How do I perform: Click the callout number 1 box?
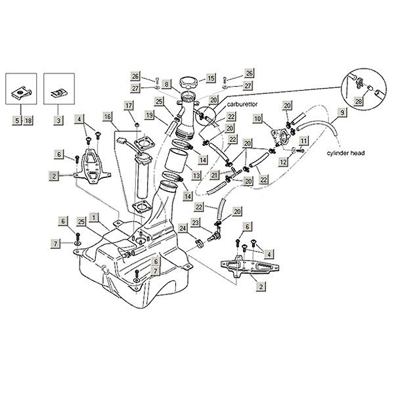[x=95, y=216]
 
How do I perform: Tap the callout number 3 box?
[x=57, y=120]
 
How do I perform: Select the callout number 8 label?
[x=167, y=84]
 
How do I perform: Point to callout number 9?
[x=341, y=112]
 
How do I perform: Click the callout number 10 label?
[x=258, y=118]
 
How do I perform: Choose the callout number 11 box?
[x=303, y=140]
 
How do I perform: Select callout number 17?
[x=129, y=106]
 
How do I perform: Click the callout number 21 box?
[x=214, y=176]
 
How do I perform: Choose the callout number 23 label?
[x=195, y=223]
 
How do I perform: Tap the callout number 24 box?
[x=183, y=228]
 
